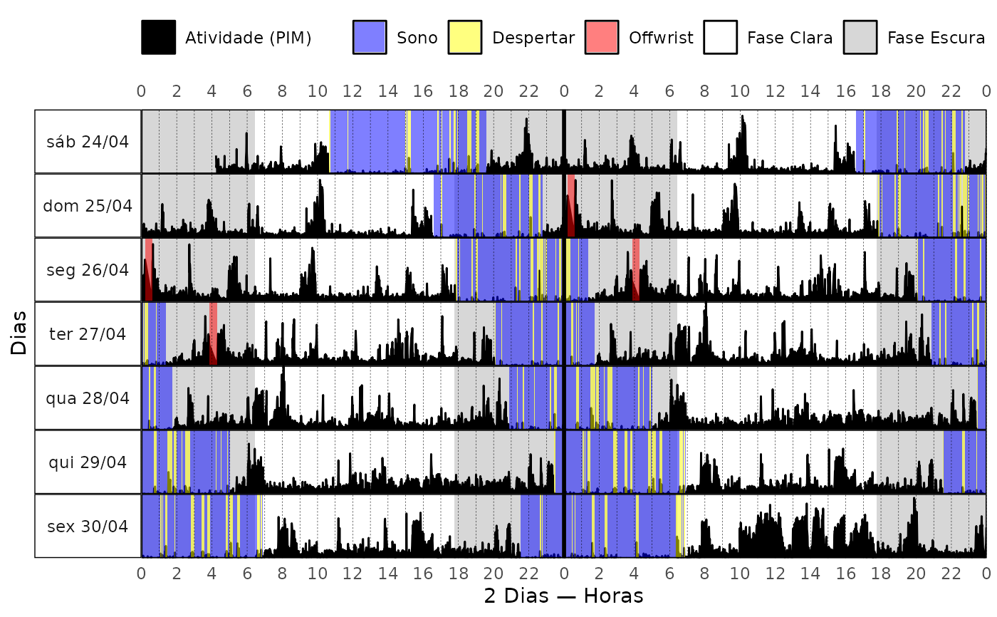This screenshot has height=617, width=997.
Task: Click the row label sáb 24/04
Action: pos(88,142)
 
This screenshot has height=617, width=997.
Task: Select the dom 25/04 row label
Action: pos(88,206)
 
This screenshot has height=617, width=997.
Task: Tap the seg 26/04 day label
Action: pos(88,270)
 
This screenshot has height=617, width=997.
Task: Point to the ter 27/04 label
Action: pos(88,333)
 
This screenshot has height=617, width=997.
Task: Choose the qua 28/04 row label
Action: pos(88,398)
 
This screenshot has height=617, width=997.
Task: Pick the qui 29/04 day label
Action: pos(88,462)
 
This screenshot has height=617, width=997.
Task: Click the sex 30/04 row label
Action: pos(88,527)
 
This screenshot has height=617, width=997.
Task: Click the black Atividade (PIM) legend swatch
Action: pos(158,37)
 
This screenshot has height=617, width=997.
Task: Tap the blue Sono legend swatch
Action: pos(370,37)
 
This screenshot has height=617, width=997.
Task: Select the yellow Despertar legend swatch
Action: pos(465,37)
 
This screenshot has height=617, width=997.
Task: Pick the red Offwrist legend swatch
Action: pos(602,37)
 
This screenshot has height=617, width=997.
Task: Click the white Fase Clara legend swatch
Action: pos(721,37)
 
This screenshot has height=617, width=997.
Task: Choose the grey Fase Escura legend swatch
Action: pos(860,37)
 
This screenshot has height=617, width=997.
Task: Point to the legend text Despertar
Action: pos(533,38)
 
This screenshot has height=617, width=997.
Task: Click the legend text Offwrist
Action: pos(661,38)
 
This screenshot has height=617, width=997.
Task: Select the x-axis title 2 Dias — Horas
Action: pos(563,596)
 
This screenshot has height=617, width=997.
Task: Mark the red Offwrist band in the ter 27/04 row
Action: pos(213,333)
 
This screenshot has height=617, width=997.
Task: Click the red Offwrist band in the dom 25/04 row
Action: pos(571,205)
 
